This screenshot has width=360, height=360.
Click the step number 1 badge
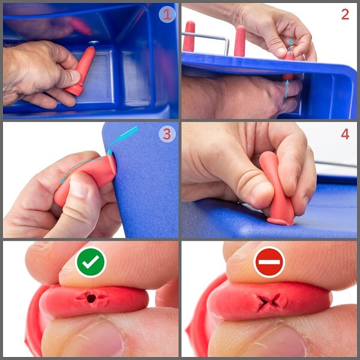tap(167, 14)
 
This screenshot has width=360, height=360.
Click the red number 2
tap(346, 14)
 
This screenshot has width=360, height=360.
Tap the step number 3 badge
tap(167, 134)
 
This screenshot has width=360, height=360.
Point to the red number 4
tap(346, 134)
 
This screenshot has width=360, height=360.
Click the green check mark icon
tap(91, 262)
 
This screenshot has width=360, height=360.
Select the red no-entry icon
tap(269, 262)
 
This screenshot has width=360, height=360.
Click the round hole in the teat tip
tap(91, 298)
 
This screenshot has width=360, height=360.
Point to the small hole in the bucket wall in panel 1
tap(94, 42)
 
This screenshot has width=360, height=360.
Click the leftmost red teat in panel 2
tap(189, 36)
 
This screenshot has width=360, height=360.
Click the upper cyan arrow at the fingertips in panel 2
tap(290, 47)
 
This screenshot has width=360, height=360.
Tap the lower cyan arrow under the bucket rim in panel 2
tap(287, 89)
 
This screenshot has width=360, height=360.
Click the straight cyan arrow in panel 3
tap(123, 140)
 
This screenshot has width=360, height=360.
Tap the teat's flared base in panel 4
tap(281, 221)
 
